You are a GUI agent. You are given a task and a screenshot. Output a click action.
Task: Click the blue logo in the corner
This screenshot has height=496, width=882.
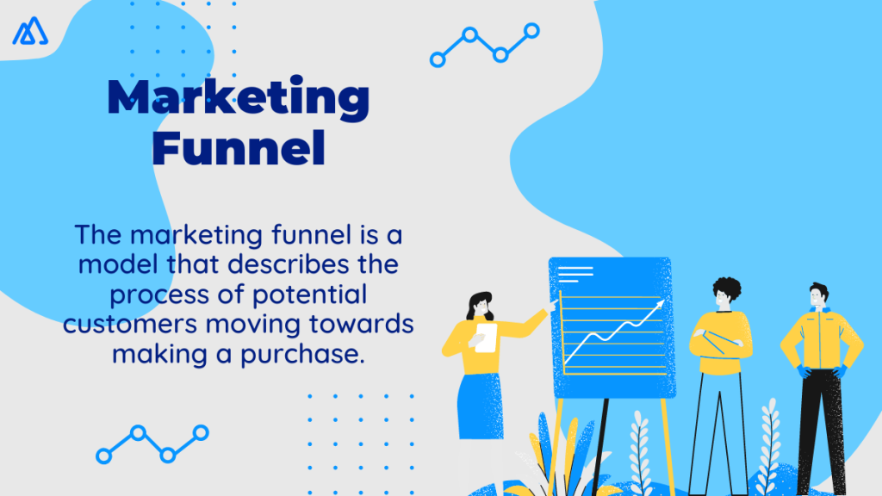[x=30, y=31]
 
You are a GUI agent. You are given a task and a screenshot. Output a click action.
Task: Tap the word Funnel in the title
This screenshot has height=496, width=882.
[x=239, y=148]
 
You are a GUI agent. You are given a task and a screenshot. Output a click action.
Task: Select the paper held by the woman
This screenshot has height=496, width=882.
[x=486, y=337]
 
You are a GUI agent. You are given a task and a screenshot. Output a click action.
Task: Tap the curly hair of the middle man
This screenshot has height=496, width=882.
[x=725, y=290]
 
